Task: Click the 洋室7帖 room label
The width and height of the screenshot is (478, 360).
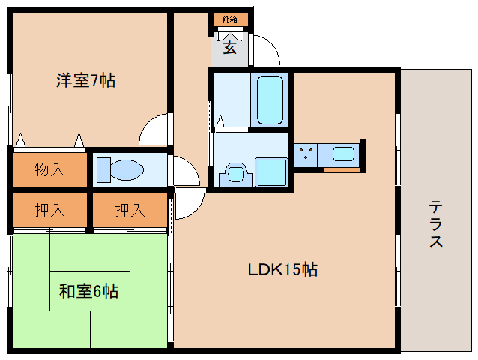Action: (x=85, y=80)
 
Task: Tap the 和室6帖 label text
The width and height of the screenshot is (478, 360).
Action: (x=88, y=290)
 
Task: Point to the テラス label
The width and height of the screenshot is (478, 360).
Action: (x=436, y=224)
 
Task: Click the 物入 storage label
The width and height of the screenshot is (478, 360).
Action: (x=49, y=169)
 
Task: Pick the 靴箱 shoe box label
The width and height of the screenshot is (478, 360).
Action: (x=229, y=19)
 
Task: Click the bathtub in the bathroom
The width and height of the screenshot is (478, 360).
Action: (x=269, y=100)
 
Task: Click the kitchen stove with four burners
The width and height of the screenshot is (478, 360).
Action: (x=305, y=156)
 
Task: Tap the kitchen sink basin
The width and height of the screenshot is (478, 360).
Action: (x=344, y=154)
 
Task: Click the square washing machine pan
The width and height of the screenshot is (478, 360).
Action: (x=270, y=172)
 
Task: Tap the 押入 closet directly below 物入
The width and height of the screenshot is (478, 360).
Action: (x=49, y=211)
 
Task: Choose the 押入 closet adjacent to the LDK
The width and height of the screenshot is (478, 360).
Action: (x=129, y=211)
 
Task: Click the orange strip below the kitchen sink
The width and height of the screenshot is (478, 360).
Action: (x=342, y=169)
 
